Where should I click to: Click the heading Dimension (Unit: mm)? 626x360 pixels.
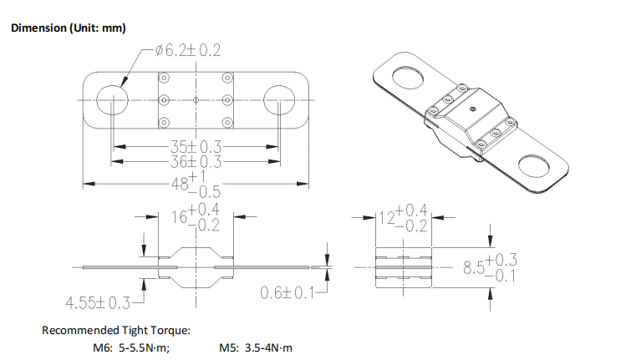point(69,28)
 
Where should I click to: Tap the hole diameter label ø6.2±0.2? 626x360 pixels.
point(188,51)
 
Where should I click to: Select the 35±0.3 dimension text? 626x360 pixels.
point(196,147)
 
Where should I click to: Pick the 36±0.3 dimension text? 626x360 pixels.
point(196,162)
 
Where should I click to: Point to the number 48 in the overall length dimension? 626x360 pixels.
point(180,184)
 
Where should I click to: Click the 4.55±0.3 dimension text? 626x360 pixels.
point(98,303)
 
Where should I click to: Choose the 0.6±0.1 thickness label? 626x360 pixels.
point(288,293)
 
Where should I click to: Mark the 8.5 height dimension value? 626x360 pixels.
point(474,267)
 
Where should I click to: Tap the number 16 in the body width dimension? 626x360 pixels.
point(179,217)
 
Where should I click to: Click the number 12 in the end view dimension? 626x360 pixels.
point(386,218)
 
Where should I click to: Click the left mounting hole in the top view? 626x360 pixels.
point(113,99)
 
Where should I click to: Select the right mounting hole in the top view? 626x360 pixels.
point(279,99)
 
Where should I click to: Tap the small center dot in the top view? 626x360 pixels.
point(196,99)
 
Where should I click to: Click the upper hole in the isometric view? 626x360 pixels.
point(407,78)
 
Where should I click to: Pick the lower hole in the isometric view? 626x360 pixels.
point(534,167)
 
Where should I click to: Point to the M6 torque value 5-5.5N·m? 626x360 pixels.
point(144,347)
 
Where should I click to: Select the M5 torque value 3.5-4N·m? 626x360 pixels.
point(268,347)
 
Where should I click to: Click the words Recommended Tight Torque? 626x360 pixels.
point(116,331)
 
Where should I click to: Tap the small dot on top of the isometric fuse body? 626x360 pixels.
point(473,108)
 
